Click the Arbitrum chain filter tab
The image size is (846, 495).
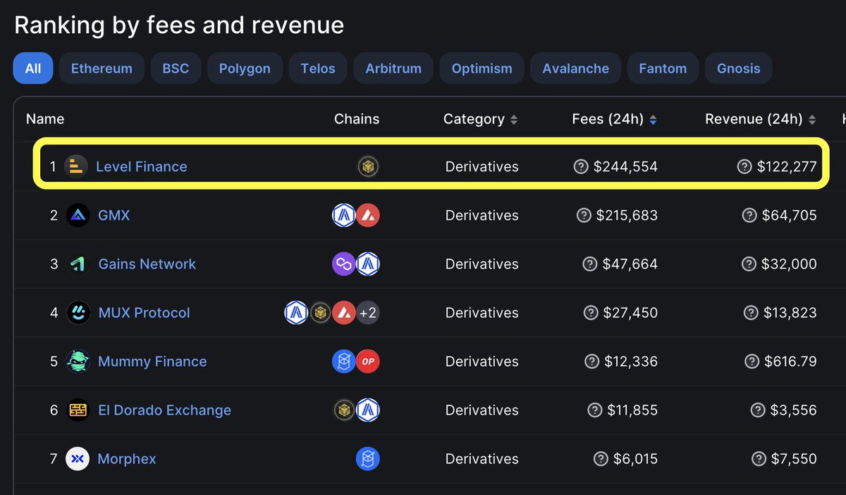[x=393, y=68]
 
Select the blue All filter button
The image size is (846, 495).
[x=32, y=68]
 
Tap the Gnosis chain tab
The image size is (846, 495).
[x=738, y=68]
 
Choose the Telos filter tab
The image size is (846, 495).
[x=318, y=68]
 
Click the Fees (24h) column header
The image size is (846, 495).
[x=608, y=119]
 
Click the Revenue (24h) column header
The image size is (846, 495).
[x=754, y=119]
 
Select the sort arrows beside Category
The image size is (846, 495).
[x=514, y=120]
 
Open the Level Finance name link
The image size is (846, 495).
[x=141, y=166]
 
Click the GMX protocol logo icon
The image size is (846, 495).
[x=78, y=215]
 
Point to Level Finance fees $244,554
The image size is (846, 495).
[x=625, y=166]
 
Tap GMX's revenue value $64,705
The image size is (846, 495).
[x=789, y=215]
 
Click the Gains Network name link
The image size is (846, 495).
[x=147, y=264]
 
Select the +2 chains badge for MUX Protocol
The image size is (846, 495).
[x=367, y=312]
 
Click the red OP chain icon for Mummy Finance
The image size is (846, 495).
[x=367, y=361]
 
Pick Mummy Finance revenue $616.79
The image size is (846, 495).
[x=790, y=361]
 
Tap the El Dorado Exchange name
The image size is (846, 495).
[x=164, y=410]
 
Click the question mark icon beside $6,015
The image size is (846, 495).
[x=601, y=458]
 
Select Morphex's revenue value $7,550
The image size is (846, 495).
[x=794, y=458]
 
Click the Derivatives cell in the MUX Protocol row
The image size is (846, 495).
[x=482, y=312]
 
